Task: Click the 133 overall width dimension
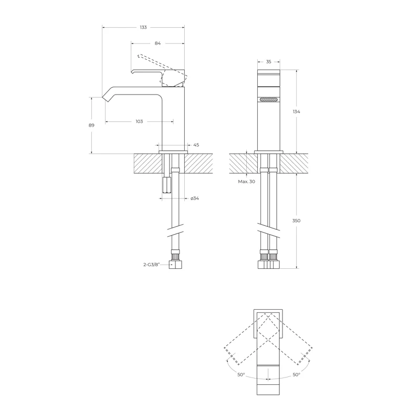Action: point(143,27)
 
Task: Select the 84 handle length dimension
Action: point(157,44)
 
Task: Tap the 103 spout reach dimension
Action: point(139,121)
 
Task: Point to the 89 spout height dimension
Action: point(91,125)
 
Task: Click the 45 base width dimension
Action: point(196,145)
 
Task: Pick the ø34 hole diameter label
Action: point(194,198)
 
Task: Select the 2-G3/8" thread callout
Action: point(153,266)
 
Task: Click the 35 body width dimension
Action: point(269,62)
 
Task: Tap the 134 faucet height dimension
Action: point(297,111)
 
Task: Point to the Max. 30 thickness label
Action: point(246,181)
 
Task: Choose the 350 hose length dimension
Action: point(297,221)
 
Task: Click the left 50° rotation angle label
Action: point(240,375)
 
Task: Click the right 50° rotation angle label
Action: point(297,375)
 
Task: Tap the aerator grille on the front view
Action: point(269,99)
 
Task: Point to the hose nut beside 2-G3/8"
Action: point(175,264)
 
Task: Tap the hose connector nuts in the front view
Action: point(269,262)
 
